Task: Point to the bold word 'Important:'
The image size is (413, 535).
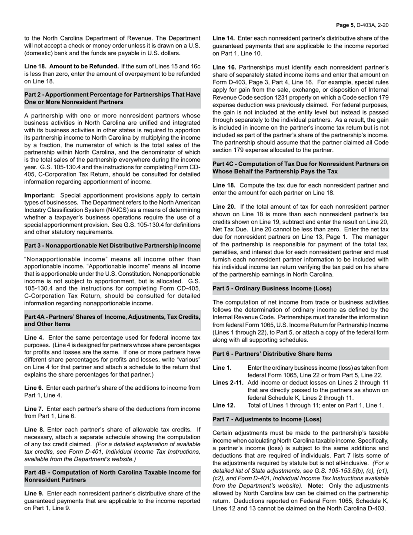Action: (40, 195)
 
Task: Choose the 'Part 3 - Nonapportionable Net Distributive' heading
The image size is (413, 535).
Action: (112, 246)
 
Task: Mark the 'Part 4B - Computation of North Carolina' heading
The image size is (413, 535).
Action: (112, 476)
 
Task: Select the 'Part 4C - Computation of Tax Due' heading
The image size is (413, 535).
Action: (300, 168)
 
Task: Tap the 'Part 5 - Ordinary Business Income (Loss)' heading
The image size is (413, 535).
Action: (272, 288)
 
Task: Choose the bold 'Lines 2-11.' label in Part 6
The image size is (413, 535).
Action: (228, 383)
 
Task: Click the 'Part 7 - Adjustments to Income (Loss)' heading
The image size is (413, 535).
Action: (267, 419)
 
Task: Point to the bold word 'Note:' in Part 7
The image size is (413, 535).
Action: (316, 485)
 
